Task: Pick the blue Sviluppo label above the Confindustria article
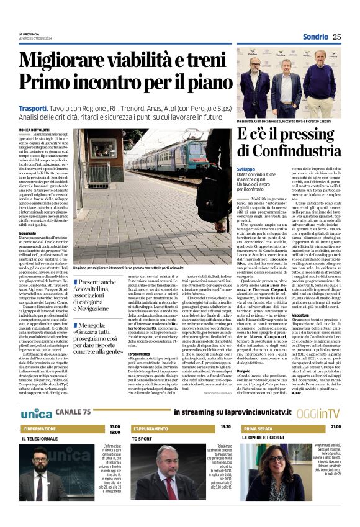(x=246, y=169)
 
